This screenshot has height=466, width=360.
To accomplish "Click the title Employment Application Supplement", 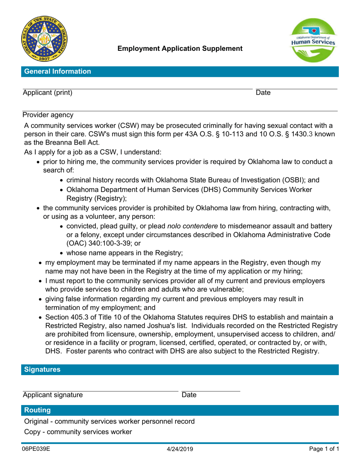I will pyautogui.click(x=180, y=48).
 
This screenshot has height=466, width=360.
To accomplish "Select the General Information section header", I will pyautogui.click(x=57, y=72).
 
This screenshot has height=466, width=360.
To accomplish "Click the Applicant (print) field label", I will pyautogui.click(x=47, y=93).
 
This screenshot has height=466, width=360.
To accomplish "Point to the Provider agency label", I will pyautogui.click(x=48, y=114).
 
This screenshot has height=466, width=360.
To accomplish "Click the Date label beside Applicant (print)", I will pyautogui.click(x=263, y=93).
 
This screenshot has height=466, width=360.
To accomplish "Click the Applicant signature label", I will pyautogui.click(x=53, y=395).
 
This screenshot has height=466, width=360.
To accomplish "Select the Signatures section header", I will pyautogui.click(x=42, y=369).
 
